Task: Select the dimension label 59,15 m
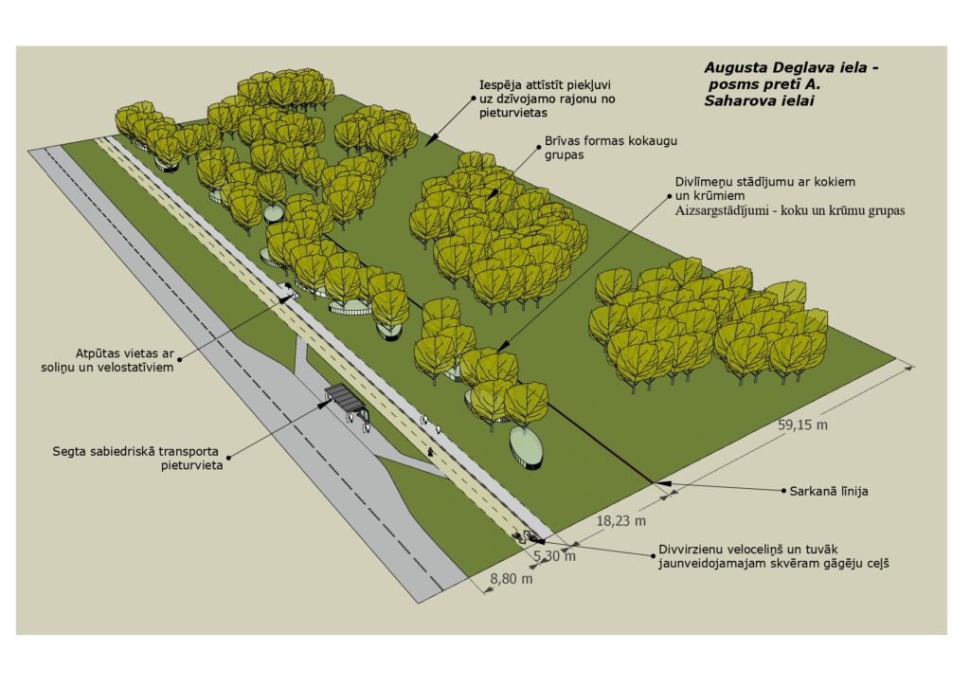pyautogui.click(x=802, y=425)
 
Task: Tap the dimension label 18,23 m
pyautogui.click(x=621, y=520)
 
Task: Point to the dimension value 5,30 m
pyautogui.click(x=554, y=556)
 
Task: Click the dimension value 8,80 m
pyautogui.click(x=511, y=578)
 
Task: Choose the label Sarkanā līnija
pyautogui.click(x=829, y=492)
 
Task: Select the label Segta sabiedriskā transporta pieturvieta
pyautogui.click(x=136, y=458)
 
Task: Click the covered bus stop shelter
pyautogui.click(x=345, y=399)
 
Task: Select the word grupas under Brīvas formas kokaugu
pyautogui.click(x=566, y=156)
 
